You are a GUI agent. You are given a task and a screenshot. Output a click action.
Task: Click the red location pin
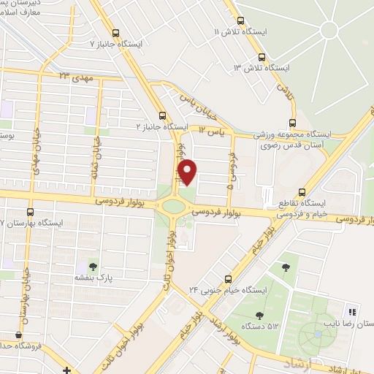188,172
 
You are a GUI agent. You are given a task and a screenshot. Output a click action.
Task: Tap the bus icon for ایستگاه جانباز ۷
116,32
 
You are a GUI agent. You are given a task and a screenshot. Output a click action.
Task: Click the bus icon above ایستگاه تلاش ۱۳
262,56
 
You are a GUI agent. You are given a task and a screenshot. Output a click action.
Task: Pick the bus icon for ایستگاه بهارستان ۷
30,210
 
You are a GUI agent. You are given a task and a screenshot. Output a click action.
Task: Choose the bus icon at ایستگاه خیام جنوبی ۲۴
229,278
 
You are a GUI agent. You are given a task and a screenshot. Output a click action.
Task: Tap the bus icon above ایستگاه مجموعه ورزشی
292,122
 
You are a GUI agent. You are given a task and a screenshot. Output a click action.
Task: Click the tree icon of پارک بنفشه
92,265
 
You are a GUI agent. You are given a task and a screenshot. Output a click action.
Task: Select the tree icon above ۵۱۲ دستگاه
259,316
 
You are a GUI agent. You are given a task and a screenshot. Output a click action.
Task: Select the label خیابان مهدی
34,154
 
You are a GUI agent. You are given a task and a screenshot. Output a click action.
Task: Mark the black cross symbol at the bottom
66,369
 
